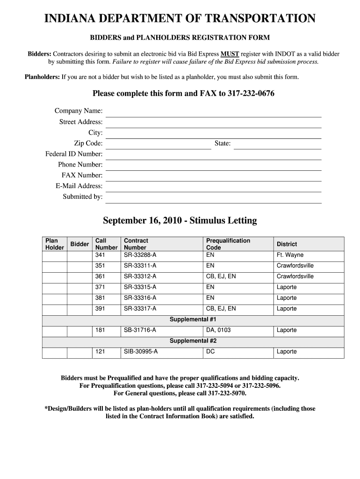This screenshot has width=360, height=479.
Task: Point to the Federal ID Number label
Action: click(74, 154)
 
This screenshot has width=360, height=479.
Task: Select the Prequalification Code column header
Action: click(228, 244)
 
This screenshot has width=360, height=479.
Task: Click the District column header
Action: click(287, 244)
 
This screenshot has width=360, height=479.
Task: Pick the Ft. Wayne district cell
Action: click(290, 255)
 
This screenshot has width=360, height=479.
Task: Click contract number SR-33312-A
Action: click(140, 276)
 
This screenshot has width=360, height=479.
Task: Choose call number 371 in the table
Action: click(100, 287)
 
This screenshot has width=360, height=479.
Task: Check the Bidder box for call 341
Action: click(79, 255)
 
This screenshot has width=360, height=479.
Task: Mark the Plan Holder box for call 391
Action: click(55, 309)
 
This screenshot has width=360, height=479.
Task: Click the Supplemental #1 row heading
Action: click(193, 319)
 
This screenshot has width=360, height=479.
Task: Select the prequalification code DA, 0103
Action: click(218, 330)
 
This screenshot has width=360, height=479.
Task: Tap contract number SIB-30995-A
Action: click(141, 352)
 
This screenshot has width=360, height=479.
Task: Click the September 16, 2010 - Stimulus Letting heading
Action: click(180, 220)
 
